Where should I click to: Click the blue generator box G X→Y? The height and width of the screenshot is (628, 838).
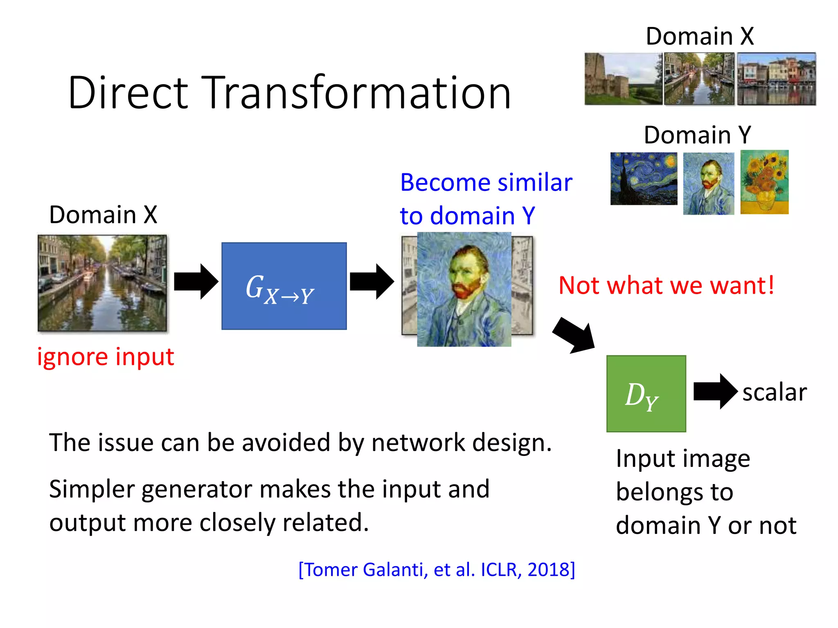click(284, 286)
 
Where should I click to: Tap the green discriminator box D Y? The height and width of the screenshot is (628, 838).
click(646, 393)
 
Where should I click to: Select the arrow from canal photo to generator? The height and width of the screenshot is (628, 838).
click(196, 282)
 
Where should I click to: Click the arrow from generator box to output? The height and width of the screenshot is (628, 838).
click(372, 282)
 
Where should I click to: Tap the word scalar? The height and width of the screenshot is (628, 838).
click(774, 392)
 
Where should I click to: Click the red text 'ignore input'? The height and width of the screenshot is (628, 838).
click(106, 357)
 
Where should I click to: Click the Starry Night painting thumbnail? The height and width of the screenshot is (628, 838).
click(643, 179)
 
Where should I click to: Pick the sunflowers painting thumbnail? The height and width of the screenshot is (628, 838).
click(764, 182)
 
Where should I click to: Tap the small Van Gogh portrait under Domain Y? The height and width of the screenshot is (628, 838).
click(708, 184)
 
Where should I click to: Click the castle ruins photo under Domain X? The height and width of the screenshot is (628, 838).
click(623, 78)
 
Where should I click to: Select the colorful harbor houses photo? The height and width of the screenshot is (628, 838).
click(776, 78)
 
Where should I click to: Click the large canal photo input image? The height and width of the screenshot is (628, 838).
click(102, 283)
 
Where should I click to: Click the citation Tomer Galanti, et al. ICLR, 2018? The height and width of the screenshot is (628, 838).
click(437, 570)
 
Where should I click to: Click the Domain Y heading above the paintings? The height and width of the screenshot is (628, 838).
click(697, 135)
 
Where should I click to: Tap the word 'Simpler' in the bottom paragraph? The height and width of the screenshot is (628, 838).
click(92, 489)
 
